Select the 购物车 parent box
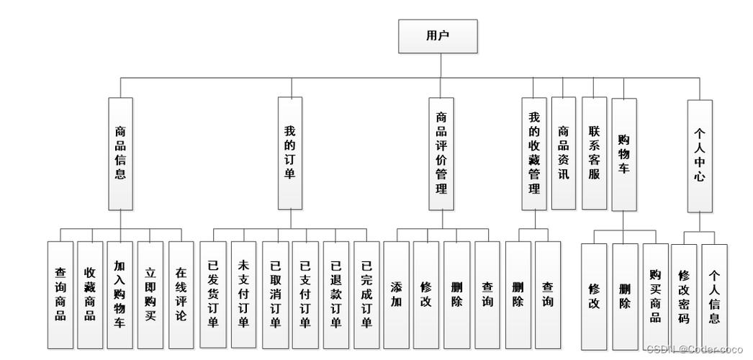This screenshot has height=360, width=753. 624,154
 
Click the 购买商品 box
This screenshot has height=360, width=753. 655,296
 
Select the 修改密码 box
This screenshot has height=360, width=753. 684,296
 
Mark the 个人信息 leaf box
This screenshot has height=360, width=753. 714,296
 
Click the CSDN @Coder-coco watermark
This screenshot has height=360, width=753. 694,349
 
